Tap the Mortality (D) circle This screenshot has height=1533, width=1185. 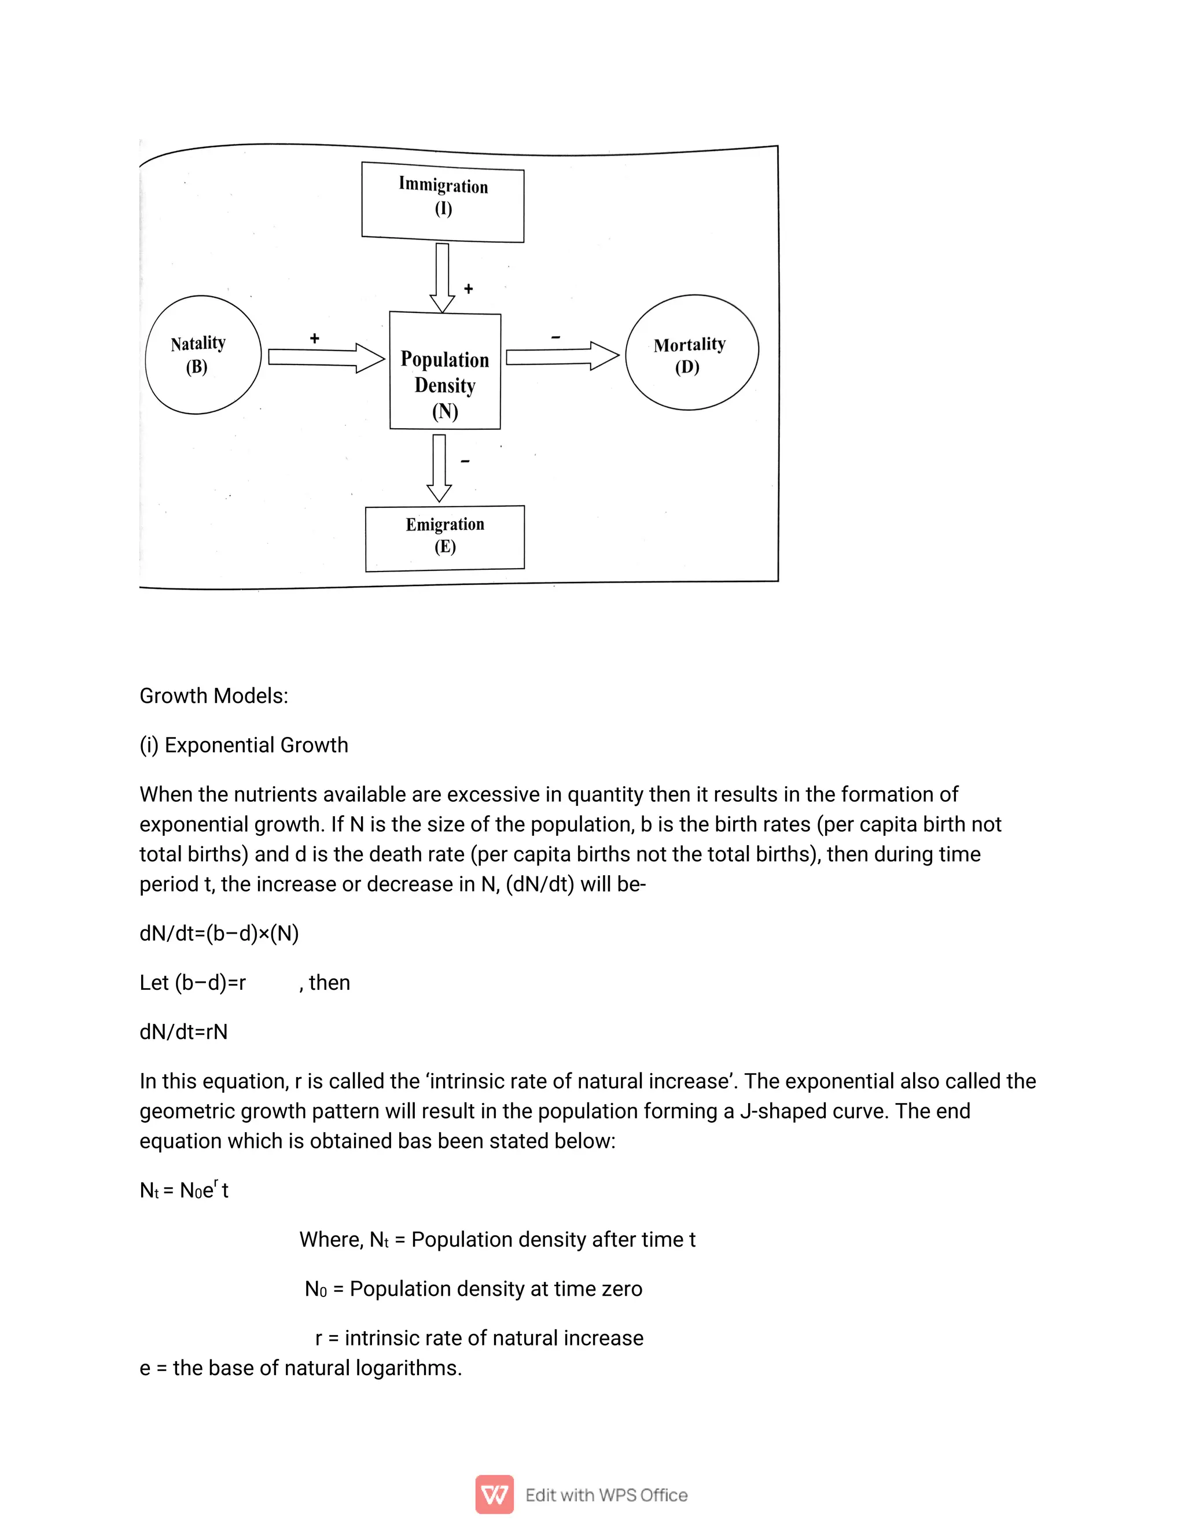(x=691, y=352)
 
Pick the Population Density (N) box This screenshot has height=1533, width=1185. (x=445, y=371)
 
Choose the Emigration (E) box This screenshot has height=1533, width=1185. (x=444, y=537)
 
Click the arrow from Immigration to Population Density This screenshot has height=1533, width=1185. (x=442, y=278)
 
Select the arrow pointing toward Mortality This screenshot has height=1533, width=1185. (x=562, y=356)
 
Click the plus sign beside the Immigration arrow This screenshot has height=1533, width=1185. (x=468, y=289)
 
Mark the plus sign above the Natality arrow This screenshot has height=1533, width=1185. (x=315, y=338)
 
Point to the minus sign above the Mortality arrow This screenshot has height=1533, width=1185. (x=555, y=338)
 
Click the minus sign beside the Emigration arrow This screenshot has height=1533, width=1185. (x=465, y=461)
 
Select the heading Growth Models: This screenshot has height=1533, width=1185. (x=214, y=695)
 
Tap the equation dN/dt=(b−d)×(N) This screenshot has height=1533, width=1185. (x=219, y=933)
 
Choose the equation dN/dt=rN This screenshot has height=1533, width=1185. (x=183, y=1031)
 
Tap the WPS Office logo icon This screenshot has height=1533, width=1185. (x=494, y=1495)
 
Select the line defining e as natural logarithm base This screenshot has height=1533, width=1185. (x=300, y=1368)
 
